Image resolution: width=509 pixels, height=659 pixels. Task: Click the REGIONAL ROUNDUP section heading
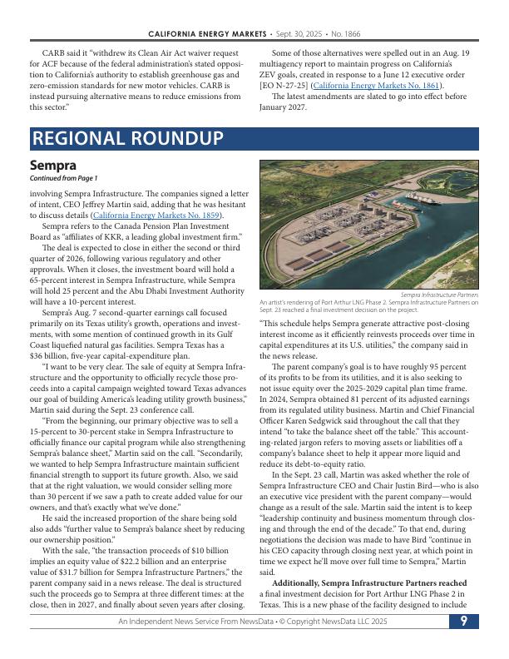127,138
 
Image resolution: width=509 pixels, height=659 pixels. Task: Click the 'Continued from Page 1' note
63,178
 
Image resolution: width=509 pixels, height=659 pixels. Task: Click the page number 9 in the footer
464,644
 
